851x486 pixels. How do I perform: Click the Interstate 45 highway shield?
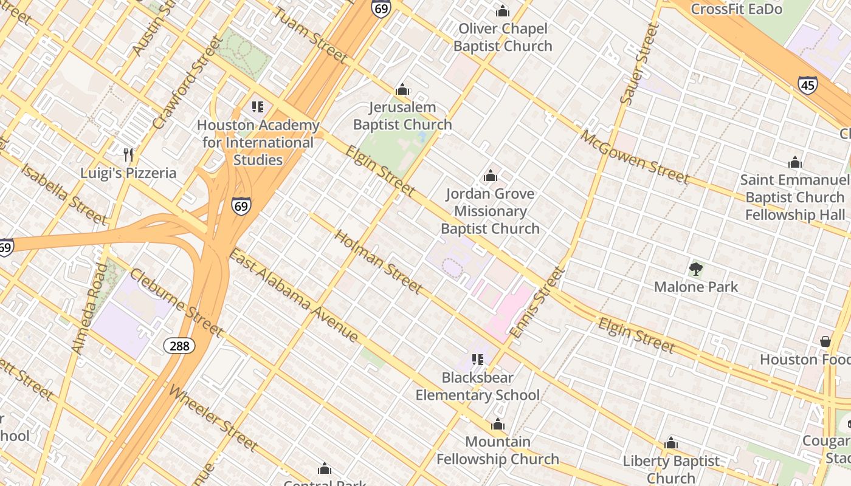807,85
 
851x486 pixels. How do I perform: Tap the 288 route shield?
179,346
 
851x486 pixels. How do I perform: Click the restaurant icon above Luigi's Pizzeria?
128,154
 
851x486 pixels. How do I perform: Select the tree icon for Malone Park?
696,269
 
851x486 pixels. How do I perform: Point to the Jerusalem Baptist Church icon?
402,90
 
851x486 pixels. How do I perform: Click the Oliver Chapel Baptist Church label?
503,37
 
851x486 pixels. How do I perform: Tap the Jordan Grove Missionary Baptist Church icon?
490,176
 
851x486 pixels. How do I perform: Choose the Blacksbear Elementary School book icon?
477,360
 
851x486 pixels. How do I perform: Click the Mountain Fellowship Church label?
497,450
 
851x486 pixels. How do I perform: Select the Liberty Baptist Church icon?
671,443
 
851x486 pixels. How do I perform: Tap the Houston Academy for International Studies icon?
258,107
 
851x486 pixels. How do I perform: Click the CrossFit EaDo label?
736,9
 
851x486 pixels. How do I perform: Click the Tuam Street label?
309,36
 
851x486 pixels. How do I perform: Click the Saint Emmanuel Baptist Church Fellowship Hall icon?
794,162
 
